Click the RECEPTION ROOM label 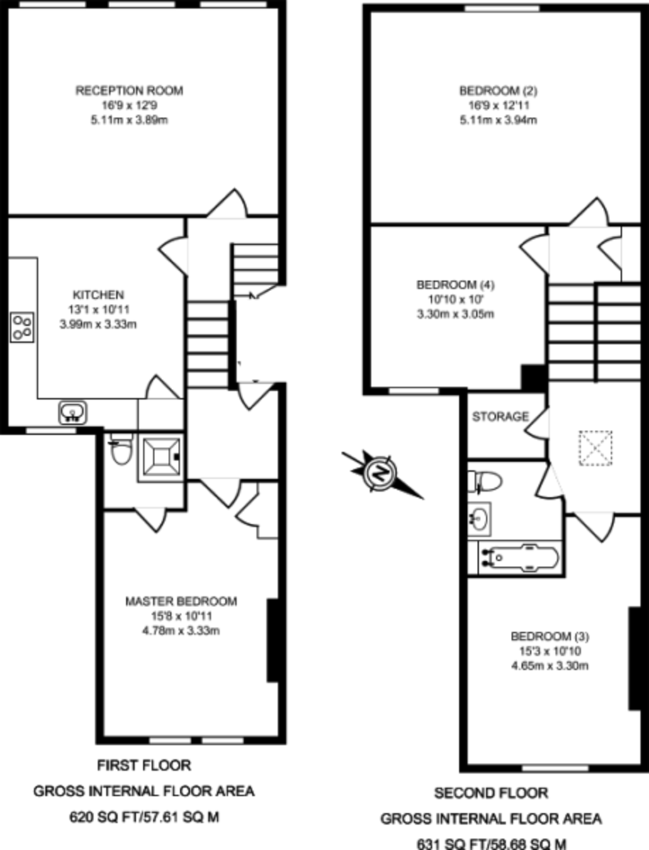pyautogui.click(x=130, y=91)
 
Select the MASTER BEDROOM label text pyautogui.click(x=181, y=601)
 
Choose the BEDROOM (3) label pyautogui.click(x=551, y=635)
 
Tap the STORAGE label pyautogui.click(x=501, y=416)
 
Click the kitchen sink pyautogui.click(x=72, y=412)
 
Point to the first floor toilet pyautogui.click(x=122, y=450)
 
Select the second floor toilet pyautogui.click(x=487, y=482)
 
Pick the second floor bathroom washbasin pyautogui.click(x=480, y=517)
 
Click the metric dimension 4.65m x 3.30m pyautogui.click(x=551, y=665)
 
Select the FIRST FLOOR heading pyautogui.click(x=144, y=765)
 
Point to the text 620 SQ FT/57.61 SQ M pyautogui.click(x=144, y=817)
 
